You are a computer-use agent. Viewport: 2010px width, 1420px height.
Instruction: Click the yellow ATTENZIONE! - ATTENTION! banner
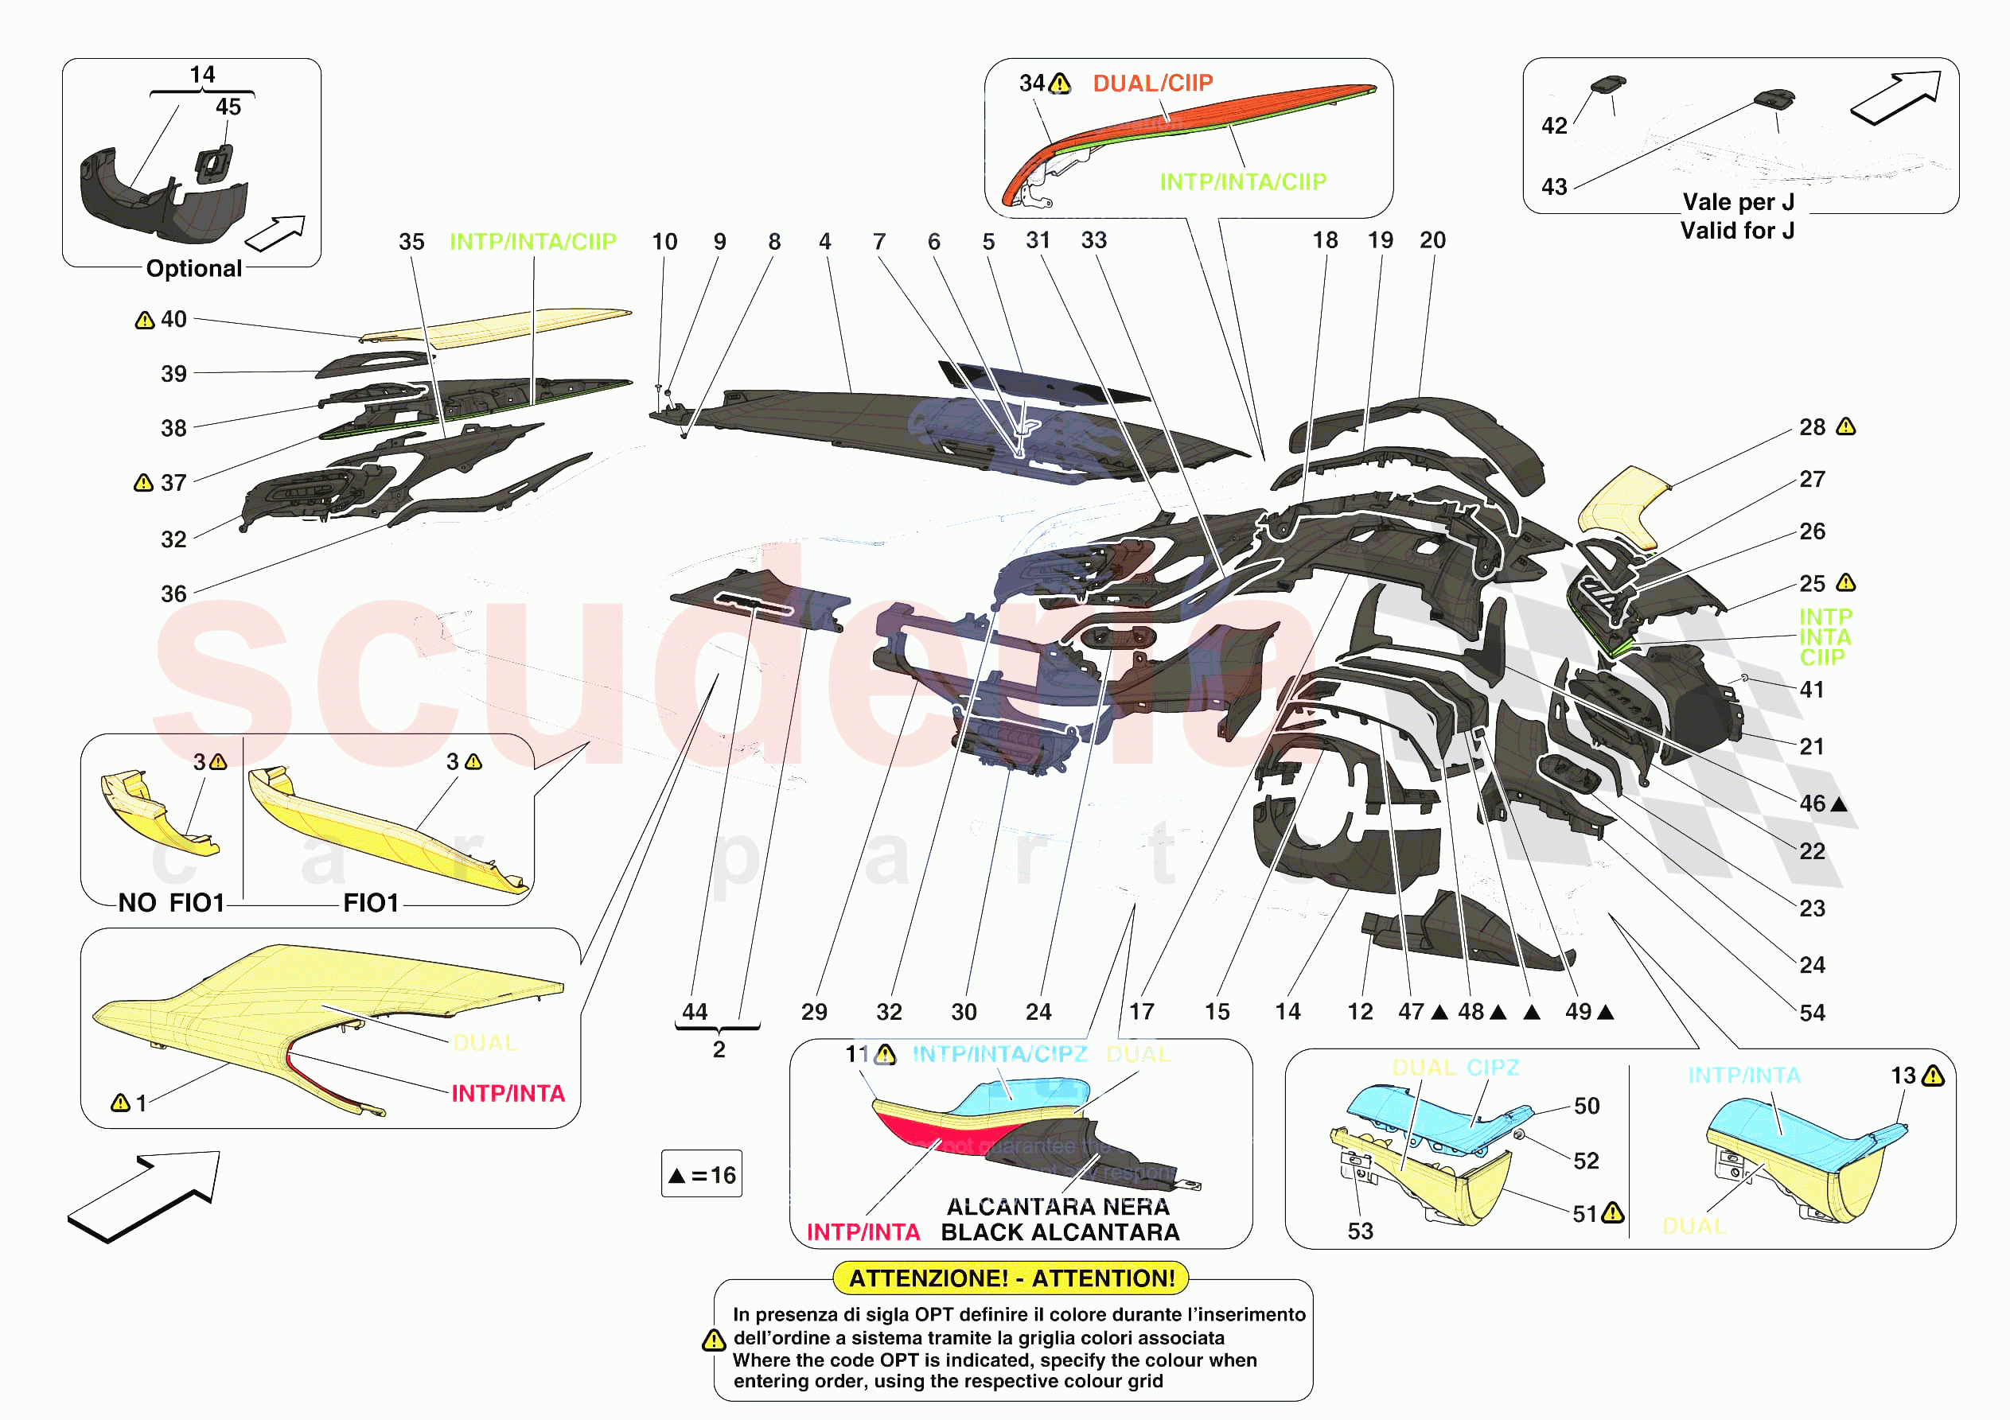point(1011,1278)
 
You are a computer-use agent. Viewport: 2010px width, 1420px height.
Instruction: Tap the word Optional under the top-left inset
point(193,269)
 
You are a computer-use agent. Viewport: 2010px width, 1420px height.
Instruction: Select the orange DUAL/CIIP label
point(1152,84)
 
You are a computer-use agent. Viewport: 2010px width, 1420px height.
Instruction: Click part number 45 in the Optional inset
point(228,107)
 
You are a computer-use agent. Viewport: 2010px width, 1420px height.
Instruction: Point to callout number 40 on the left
point(173,320)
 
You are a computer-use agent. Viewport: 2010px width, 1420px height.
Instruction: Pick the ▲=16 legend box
point(701,1174)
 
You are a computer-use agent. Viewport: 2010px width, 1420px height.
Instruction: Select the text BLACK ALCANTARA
point(1059,1232)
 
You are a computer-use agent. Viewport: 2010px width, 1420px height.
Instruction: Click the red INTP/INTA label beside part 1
point(508,1094)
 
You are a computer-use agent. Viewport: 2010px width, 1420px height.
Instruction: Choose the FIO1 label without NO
point(371,903)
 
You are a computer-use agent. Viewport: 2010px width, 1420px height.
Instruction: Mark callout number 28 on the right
point(1812,427)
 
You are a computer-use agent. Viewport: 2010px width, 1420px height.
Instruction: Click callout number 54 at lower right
point(1812,1013)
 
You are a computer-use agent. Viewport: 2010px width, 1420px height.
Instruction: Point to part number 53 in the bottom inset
point(1360,1231)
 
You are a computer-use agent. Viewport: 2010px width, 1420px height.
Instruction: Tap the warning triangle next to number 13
point(1933,1076)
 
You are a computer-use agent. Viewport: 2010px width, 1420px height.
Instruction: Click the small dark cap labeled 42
point(1607,84)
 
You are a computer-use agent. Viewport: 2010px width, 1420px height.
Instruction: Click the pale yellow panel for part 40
point(508,325)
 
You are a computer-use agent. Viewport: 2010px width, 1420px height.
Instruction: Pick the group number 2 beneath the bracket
point(719,1048)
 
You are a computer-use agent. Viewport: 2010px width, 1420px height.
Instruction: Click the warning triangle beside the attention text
point(715,1340)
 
